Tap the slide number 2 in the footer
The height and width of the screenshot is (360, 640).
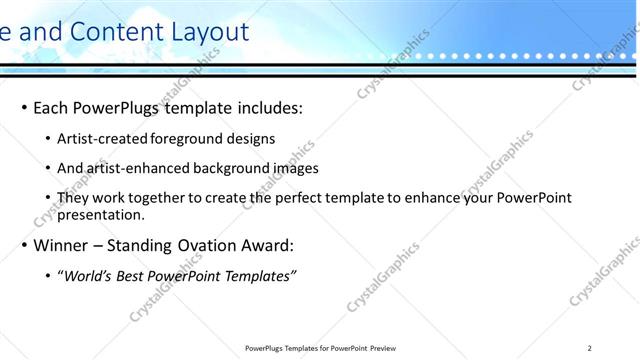pyautogui.click(x=590, y=348)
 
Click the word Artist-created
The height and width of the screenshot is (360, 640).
pyautogui.click(x=103, y=139)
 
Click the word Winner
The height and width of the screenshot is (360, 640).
pyautogui.click(x=64, y=245)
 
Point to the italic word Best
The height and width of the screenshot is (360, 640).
pyautogui.click(x=131, y=276)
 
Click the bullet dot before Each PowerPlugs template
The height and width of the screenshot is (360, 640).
pyautogui.click(x=24, y=108)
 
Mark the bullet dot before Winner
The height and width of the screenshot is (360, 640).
pyautogui.click(x=24, y=245)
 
